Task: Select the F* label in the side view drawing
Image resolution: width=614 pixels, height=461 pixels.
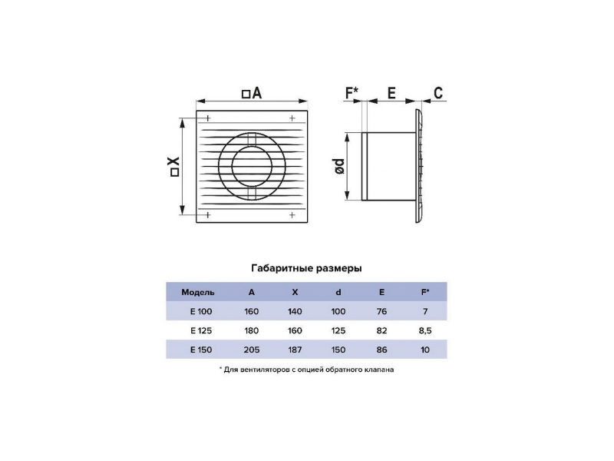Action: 352,93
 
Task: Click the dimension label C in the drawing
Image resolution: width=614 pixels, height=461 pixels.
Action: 438,93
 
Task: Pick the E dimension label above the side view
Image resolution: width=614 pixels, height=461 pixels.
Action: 391,93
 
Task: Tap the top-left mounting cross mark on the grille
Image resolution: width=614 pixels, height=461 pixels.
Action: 208,118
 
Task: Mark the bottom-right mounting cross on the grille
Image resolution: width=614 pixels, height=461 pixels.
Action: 292,215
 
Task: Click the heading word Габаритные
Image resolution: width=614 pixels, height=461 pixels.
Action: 282,268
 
